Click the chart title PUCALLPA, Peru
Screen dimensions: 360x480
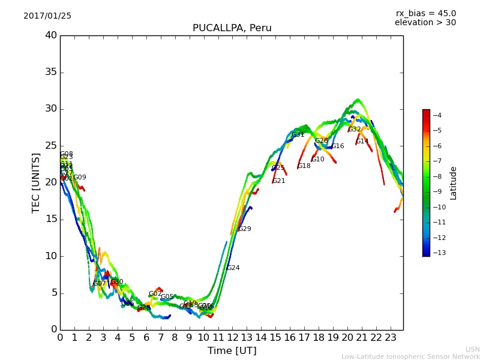[x=232, y=28]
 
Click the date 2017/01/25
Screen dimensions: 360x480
[x=47, y=16]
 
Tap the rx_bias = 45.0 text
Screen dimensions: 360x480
[x=425, y=14]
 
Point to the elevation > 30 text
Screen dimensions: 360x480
[x=425, y=23]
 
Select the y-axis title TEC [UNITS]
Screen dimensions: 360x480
[x=36, y=182]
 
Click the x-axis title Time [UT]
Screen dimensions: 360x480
[x=232, y=351]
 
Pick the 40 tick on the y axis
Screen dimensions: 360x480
[x=51, y=35]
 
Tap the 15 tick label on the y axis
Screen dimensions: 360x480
[x=51, y=219]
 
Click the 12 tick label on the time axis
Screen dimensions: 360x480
[x=232, y=337]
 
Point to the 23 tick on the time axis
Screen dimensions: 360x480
[x=390, y=337]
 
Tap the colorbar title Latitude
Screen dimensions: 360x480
[x=454, y=182]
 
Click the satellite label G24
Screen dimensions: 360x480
[x=233, y=268]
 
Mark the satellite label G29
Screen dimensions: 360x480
[x=245, y=229]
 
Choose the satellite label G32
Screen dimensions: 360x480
[x=355, y=130]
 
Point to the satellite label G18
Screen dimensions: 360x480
[x=304, y=166]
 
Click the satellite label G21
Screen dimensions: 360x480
[x=279, y=181]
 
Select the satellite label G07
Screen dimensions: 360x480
[x=100, y=284]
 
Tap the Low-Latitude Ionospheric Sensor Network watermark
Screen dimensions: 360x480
[x=410, y=356]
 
